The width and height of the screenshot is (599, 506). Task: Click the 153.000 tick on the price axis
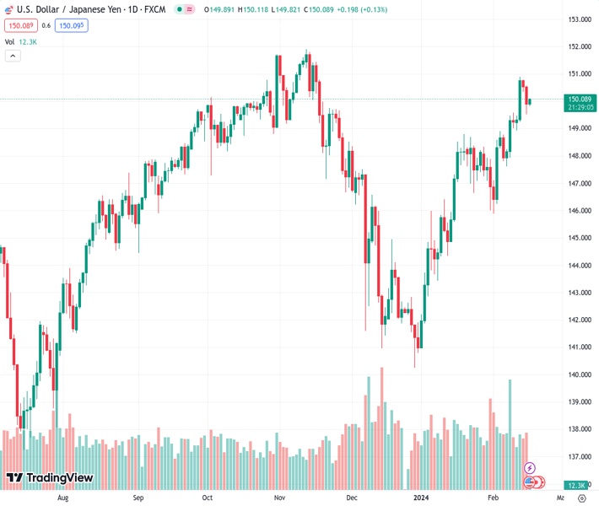pos(578,19)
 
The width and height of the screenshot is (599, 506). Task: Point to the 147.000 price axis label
pos(578,183)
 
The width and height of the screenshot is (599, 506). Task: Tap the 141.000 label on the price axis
pos(578,347)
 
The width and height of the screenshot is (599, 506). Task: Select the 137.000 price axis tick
pos(578,457)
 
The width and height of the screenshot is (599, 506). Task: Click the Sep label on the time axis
pos(139,498)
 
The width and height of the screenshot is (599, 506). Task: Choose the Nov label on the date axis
pos(279,498)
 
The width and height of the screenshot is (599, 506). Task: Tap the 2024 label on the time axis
pos(423,498)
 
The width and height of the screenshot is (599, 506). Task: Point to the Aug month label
pos(62,498)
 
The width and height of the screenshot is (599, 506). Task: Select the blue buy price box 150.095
pos(72,25)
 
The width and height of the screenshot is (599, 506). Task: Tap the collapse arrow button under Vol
pos(13,56)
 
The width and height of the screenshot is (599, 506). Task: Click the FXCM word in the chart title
pos(154,9)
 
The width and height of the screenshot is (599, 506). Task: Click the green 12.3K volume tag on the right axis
pos(577,486)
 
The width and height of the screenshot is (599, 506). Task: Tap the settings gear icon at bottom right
pos(581,498)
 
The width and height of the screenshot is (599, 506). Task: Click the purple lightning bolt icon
pos(530,468)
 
